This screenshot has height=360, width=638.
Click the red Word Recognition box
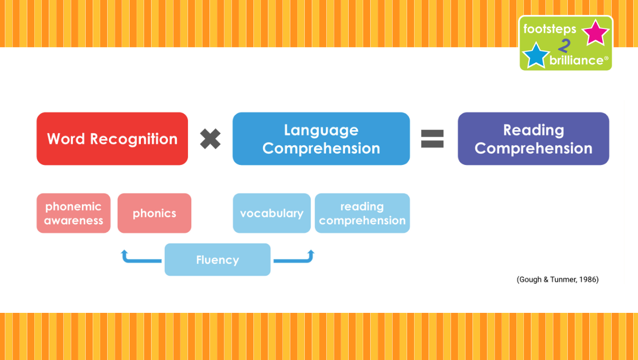[112, 139]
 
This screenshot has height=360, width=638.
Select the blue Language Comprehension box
[321, 139]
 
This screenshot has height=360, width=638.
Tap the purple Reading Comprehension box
[534, 139]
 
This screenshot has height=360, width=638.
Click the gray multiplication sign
[211, 139]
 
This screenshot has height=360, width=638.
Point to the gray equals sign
[432, 139]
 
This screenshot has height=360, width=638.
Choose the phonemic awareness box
[73, 213]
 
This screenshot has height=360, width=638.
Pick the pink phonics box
[154, 213]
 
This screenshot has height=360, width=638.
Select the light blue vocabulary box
[272, 213]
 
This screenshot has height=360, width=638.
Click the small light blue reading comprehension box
[362, 213]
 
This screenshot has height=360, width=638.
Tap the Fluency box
[217, 259]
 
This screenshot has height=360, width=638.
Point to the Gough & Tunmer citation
[558, 280]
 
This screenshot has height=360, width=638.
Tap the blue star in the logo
[536, 55]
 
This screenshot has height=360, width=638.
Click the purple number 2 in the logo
[564, 46]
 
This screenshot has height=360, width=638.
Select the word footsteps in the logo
[550, 29]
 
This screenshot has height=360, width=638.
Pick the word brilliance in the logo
[576, 60]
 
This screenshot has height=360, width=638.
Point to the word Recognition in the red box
[134, 139]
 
